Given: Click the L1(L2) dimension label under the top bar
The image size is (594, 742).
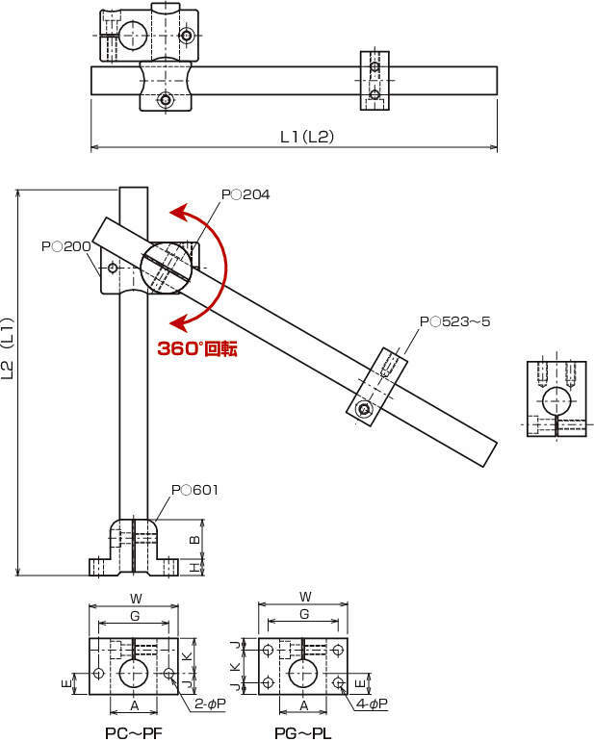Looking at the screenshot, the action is (307, 137).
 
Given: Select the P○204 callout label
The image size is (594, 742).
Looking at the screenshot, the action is (245, 194).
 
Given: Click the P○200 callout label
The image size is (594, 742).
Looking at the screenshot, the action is (65, 246).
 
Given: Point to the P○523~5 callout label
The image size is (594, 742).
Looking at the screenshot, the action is (454, 321).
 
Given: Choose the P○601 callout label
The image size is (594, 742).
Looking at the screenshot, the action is (194, 490).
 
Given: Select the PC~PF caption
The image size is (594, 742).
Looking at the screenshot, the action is (134, 733).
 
